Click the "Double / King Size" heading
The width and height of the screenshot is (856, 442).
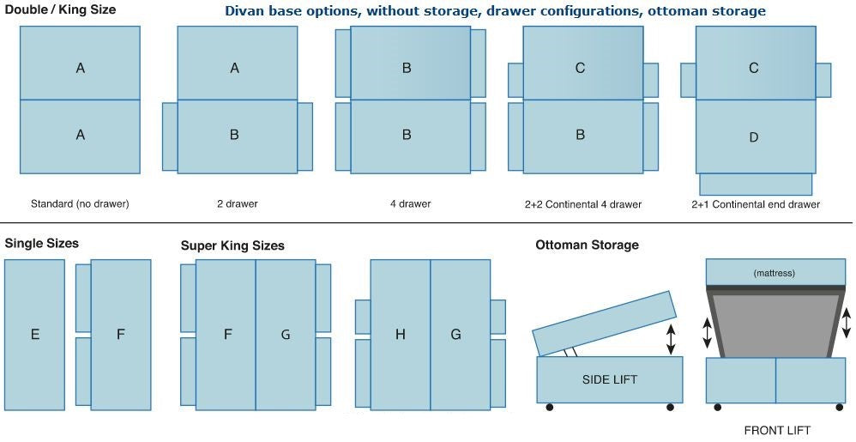coord(60,10)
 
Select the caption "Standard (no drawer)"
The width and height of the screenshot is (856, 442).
coord(80,204)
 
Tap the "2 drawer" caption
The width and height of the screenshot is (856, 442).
coord(237,204)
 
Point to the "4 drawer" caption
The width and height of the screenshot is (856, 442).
coord(410,204)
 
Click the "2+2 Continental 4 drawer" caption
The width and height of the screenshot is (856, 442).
coord(583,205)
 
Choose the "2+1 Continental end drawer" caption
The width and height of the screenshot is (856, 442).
coord(756,205)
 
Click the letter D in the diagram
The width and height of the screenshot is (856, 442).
coord(753,137)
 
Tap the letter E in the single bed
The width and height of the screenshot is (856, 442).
coord(35,335)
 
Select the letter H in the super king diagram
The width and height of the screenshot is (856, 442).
coord(400,335)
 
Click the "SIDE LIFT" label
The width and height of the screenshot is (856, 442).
coord(610,379)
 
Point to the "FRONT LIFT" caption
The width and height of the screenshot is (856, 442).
coord(776,431)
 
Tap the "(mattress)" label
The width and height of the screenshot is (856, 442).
coord(775,273)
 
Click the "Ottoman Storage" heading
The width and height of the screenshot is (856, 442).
coord(587,245)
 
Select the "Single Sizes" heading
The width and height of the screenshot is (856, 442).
coord(41,244)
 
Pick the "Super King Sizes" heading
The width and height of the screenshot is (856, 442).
coord(232,246)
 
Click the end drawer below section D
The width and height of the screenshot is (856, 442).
coord(756,185)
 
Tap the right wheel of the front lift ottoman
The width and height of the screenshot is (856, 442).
coord(840,407)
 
